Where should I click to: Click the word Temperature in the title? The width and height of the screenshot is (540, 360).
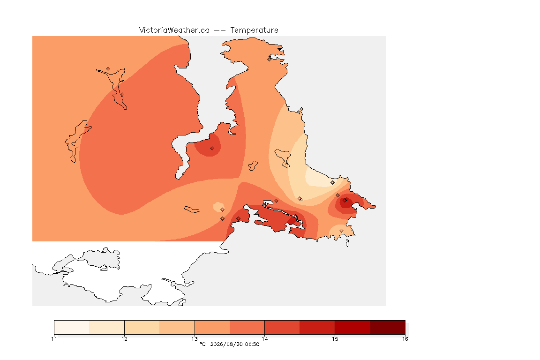click(254, 30)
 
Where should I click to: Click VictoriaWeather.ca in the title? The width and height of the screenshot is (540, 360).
click(174, 30)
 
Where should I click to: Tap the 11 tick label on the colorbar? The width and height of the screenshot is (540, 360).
click(54, 339)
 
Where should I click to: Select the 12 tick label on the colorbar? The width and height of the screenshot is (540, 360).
click(124, 339)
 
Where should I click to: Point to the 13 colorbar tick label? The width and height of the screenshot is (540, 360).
click(195, 339)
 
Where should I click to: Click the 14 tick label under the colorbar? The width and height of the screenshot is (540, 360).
click(264, 339)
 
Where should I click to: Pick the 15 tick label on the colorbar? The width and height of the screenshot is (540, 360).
click(335, 339)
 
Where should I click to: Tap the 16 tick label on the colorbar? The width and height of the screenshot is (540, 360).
click(405, 339)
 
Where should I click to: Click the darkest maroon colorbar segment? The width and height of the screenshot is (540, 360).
click(388, 327)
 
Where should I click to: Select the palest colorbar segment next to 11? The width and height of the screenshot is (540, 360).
click(72, 327)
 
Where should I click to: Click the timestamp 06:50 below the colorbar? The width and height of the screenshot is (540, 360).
click(252, 344)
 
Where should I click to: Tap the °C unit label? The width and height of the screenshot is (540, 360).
click(202, 344)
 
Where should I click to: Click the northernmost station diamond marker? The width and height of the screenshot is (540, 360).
click(270, 59)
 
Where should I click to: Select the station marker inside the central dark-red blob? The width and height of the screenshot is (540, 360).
click(212, 149)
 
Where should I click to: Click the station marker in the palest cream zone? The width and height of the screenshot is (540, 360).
click(332, 183)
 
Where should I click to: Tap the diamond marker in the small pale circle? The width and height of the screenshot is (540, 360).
click(223, 210)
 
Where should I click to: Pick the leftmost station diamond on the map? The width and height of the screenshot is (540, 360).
click(108, 69)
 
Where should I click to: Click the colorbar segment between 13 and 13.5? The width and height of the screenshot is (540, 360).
click(212, 327)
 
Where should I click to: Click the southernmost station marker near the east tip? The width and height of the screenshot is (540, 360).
click(341, 231)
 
